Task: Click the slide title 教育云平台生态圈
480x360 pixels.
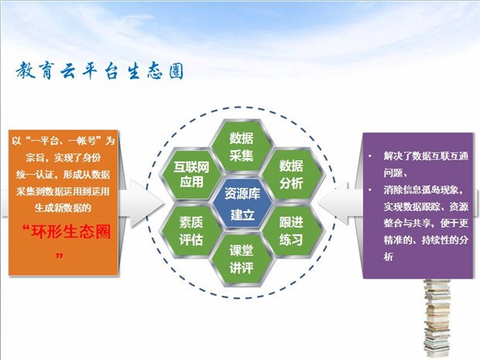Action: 100,71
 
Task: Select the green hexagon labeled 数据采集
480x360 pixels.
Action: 242,146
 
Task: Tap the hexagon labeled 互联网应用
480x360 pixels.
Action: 192,174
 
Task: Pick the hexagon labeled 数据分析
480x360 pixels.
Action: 291,174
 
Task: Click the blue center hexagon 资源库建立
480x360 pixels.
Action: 242,203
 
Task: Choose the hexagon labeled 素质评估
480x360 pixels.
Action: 192,231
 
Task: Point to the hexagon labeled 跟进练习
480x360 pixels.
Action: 291,231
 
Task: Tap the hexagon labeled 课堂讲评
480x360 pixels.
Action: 242,259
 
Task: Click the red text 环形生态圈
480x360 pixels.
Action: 70,231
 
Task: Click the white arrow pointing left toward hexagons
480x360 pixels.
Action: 340,204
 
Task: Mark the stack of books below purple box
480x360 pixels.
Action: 437,318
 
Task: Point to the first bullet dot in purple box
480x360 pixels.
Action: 370,156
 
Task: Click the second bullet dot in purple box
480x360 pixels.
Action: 370,190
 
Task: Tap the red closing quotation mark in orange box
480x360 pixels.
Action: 60,255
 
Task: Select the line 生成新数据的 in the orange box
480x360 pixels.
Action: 63,208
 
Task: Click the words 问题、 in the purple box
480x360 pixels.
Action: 395,173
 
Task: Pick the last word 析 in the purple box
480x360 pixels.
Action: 389,256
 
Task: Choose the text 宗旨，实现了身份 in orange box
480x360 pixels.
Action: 63,158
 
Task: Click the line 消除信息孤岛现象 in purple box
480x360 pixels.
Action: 423,190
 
